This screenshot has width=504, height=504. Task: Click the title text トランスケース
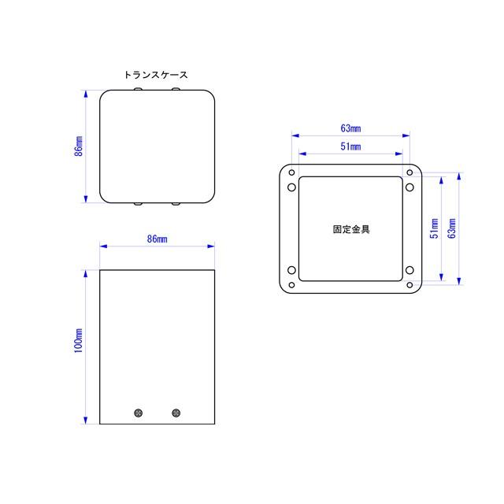pyautogui.click(x=156, y=75)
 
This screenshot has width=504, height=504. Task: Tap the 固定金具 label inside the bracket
pyautogui.click(x=351, y=231)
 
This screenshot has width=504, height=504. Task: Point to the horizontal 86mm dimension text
pyautogui.click(x=157, y=238)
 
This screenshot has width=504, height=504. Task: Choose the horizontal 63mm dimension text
pyautogui.click(x=350, y=128)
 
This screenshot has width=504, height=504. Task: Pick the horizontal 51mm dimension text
pyautogui.click(x=350, y=146)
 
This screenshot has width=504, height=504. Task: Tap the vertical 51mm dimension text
pyautogui.click(x=434, y=228)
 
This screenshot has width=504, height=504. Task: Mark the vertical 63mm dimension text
pyautogui.click(x=451, y=228)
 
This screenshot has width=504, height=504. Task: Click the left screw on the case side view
pyautogui.click(x=139, y=412)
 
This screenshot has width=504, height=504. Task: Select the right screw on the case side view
pyautogui.click(x=176, y=412)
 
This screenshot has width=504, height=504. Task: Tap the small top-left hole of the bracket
pyautogui.click(x=291, y=172)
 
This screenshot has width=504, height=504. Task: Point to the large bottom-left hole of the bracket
pyautogui.click(x=292, y=272)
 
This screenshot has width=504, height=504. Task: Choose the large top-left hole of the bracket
pyautogui.click(x=292, y=187)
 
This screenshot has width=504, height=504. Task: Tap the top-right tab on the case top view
pyautogui.click(x=175, y=90)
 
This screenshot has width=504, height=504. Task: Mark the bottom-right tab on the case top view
pyautogui.click(x=175, y=205)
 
